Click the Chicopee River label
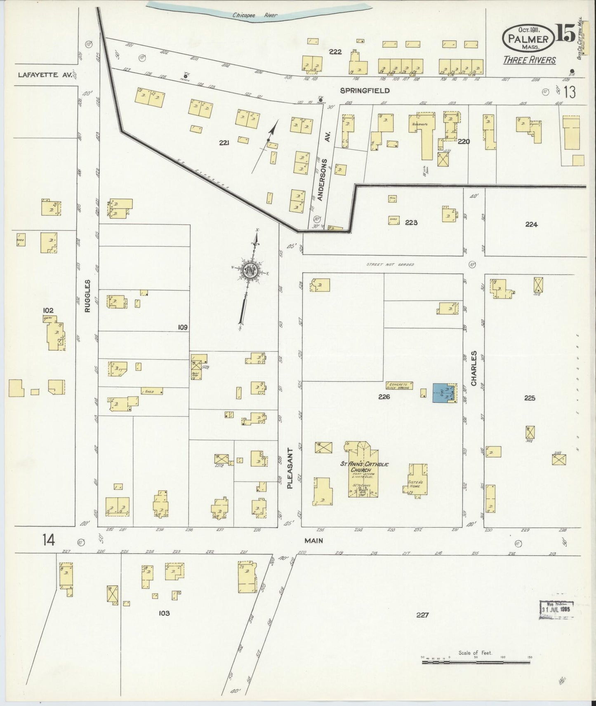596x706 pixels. click(x=254, y=16)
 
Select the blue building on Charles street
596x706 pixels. click(x=444, y=393)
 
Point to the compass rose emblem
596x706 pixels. click(x=251, y=271)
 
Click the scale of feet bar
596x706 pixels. click(x=476, y=662)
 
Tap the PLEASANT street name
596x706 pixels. click(x=290, y=468)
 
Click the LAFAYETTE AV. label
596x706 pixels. click(x=45, y=75)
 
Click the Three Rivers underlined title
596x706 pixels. click(x=529, y=60)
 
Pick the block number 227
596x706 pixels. click(x=422, y=615)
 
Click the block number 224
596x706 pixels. click(x=531, y=224)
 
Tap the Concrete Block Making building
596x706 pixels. click(x=399, y=386)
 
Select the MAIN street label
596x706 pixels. click(x=314, y=540)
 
